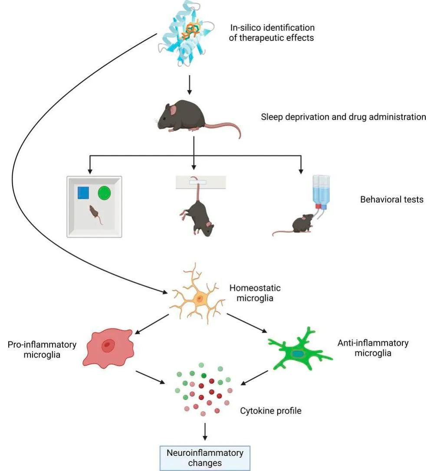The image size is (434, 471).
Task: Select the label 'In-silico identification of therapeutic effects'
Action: [x=272, y=33]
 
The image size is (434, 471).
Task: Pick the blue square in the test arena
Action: [x=83, y=193]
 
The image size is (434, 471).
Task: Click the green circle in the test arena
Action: [x=105, y=193]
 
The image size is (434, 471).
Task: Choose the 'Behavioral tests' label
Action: [x=391, y=200]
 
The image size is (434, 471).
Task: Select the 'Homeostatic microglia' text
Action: [x=255, y=293]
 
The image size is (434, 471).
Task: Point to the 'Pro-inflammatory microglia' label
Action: [x=42, y=349]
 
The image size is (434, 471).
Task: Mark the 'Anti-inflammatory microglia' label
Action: [x=373, y=348]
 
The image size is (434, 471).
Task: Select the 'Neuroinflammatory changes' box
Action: [x=205, y=458]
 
